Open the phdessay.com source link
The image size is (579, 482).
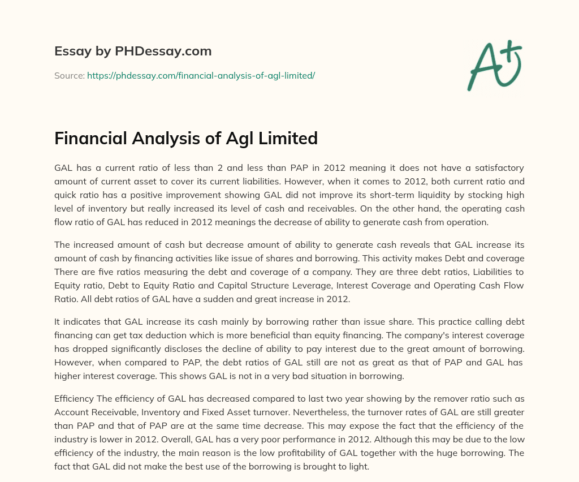pyautogui.click(x=201, y=75)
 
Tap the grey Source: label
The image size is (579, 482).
pyautogui.click(x=70, y=75)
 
